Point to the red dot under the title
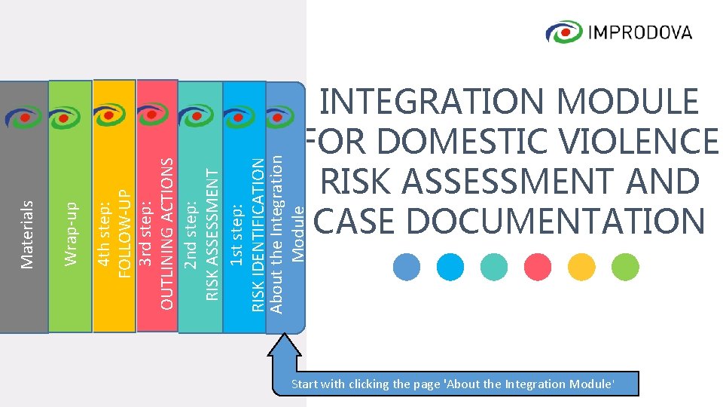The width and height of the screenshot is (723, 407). coord(538,266)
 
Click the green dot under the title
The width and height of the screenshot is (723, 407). coord(625,266)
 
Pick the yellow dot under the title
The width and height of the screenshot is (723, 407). coord(581,266)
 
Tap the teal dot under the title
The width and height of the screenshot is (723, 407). coord(494,266)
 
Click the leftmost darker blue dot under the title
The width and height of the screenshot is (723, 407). coord(407,266)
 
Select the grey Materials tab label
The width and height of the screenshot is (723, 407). coord(27,234)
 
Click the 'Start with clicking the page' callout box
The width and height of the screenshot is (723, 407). coord(453,384)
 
